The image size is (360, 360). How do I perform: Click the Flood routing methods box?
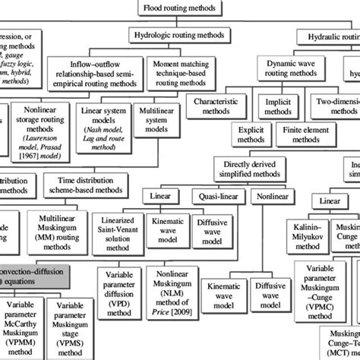[179, 9]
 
